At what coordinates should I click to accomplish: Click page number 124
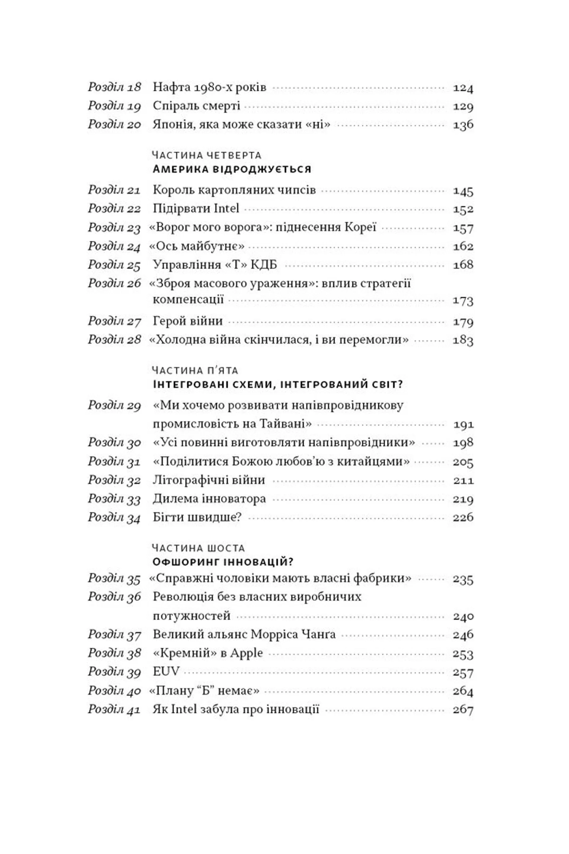point(463,88)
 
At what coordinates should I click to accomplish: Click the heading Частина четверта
point(207,155)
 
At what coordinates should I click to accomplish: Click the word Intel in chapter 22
point(226,209)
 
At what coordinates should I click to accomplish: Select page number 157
point(463,228)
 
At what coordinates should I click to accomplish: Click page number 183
point(463,340)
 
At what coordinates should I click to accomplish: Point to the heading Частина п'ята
point(195,370)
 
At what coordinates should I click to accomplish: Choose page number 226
point(463,517)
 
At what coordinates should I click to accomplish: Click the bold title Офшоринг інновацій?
point(223,562)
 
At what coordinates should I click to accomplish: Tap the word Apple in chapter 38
point(247,653)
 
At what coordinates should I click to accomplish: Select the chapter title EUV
point(166,672)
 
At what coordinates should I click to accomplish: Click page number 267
point(463,710)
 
